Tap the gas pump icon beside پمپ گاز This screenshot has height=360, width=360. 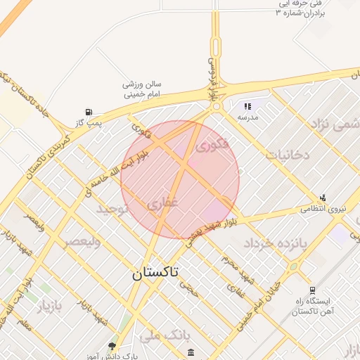coord(88,112)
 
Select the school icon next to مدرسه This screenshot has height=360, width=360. coord(247,106)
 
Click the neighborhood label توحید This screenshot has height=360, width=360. coord(112,210)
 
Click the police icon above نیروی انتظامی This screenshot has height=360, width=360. coord(323,198)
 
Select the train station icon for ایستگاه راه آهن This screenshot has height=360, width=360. coord(312,290)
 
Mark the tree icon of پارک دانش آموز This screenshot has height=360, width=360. coord(112,346)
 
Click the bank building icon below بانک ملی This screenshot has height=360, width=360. coord(192,349)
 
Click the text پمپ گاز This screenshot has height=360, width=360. coord(89,124)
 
